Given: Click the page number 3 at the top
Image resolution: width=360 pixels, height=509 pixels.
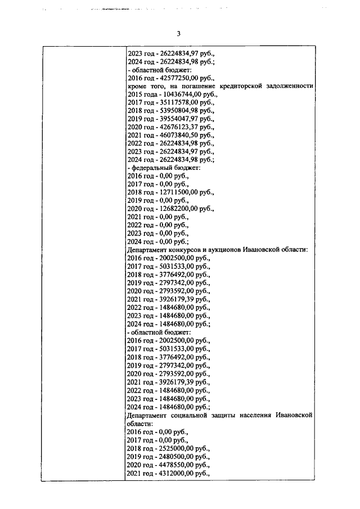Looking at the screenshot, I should coord(178,33).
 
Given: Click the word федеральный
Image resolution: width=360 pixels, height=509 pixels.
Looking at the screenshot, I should coord(154,168).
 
